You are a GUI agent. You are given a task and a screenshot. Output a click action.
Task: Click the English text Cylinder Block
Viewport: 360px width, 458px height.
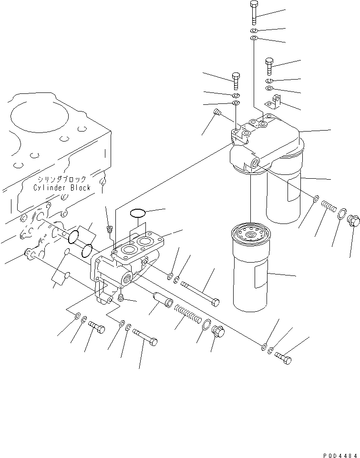(62, 187)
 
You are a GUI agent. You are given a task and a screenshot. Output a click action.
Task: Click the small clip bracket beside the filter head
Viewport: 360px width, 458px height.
(275, 102)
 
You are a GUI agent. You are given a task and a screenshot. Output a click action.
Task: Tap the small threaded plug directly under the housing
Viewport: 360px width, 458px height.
(121, 298)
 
